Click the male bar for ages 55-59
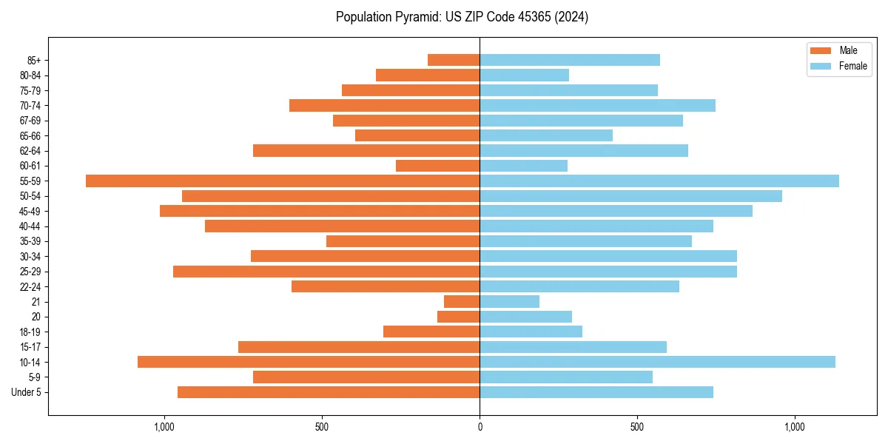283,181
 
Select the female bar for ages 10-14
657,362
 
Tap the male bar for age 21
462,302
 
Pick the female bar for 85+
570,60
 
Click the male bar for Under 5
329,392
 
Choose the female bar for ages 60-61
524,166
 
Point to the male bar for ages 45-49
320,211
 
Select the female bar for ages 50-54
630,196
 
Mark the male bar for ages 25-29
326,272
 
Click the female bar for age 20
526,317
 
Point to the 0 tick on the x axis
480,427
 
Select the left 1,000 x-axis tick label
164,427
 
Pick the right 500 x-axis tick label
637,427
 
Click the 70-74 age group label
30,106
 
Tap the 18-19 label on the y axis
30,332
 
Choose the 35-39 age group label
30,241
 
